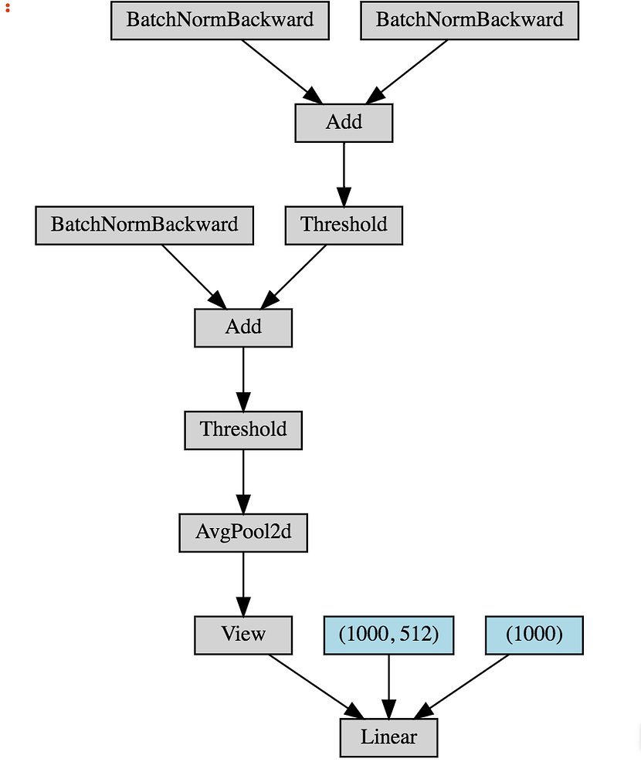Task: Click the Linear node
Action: (x=388, y=737)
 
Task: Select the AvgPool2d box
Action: (x=243, y=532)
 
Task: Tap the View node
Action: (x=243, y=635)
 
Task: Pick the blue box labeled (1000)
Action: (x=534, y=635)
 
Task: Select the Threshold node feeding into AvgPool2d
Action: (x=243, y=429)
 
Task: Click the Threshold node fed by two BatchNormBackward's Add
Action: (x=344, y=225)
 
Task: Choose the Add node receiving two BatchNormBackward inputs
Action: (x=344, y=122)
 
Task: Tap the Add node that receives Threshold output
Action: (x=243, y=327)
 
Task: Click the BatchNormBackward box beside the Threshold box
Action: (x=144, y=225)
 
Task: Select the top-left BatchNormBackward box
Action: (x=220, y=19)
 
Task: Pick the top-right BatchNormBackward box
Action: (x=470, y=19)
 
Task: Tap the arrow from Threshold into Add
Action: (x=297, y=274)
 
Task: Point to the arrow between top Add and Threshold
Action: (x=344, y=173)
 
